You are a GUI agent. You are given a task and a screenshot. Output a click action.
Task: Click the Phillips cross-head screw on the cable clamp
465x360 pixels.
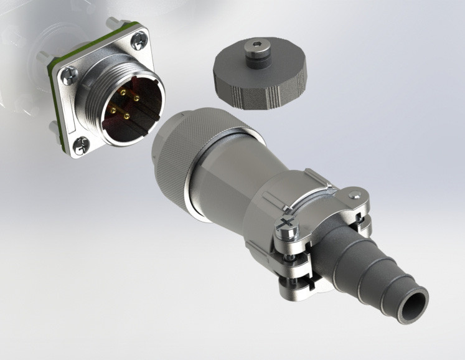[288, 221]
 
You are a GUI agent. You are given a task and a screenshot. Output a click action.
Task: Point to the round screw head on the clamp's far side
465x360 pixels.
[356, 197]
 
